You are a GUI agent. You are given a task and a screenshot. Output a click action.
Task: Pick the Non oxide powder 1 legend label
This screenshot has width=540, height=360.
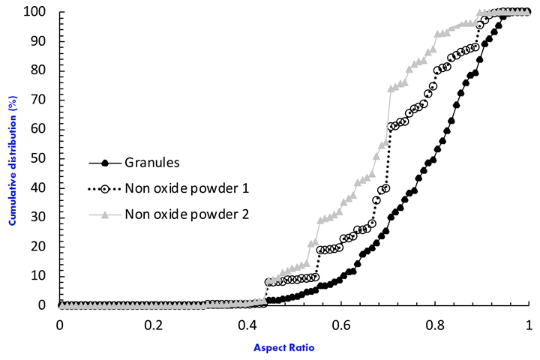(187, 188)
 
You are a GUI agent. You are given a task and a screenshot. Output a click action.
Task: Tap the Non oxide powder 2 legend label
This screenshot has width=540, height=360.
(187, 215)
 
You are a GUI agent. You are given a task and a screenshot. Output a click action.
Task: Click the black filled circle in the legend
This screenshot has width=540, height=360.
(106, 162)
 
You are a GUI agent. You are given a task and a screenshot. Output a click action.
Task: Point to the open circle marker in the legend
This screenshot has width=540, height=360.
(106, 189)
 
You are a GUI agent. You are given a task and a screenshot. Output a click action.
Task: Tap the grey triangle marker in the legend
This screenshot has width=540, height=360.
(106, 215)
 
